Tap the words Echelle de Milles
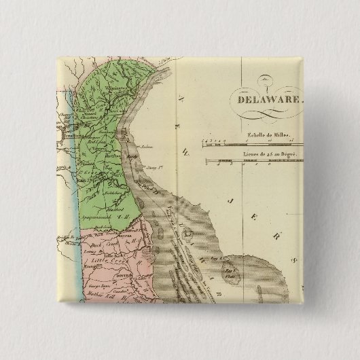270,136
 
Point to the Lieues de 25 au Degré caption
270,155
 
